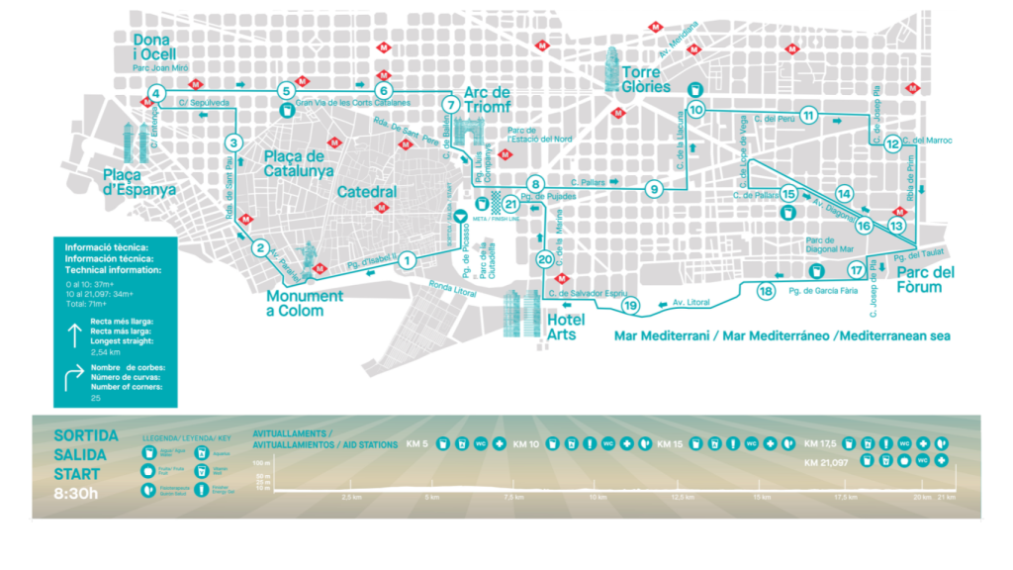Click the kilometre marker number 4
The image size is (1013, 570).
155,95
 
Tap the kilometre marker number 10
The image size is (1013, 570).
696,110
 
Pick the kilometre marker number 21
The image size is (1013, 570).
510,204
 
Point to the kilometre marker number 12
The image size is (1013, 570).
893,143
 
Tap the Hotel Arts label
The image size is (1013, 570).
565,327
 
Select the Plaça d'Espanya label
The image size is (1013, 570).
139,182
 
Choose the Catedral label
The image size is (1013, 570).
366,192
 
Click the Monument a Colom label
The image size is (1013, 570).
305,303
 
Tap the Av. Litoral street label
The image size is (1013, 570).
691,302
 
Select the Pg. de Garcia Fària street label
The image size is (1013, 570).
823,291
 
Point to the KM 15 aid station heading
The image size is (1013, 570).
671,443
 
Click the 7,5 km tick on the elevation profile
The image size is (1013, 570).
512,497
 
